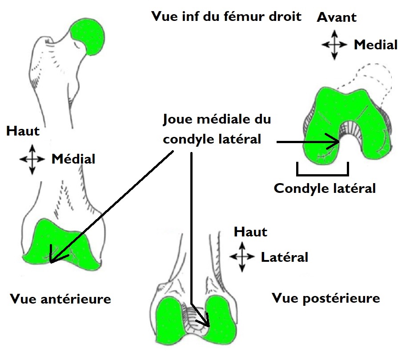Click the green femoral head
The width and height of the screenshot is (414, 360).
[90, 36]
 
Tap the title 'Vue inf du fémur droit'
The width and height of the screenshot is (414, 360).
[226, 17]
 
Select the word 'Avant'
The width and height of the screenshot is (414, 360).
[337, 17]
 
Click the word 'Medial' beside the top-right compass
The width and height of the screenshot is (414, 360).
[375, 44]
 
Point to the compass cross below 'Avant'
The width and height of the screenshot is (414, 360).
[334, 44]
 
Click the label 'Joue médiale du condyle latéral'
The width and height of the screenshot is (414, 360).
[217, 129]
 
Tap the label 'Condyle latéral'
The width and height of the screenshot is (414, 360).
[325, 188]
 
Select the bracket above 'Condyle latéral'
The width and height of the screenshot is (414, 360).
[322, 170]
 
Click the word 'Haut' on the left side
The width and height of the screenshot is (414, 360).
[23, 131]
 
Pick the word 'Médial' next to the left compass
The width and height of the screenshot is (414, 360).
[73, 158]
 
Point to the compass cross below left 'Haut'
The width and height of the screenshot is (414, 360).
[32, 158]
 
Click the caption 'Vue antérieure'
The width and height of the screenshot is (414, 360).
[60, 299]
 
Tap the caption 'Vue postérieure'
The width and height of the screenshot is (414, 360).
[326, 298]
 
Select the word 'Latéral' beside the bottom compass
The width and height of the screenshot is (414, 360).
[285, 257]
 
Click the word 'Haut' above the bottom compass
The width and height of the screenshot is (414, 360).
[251, 232]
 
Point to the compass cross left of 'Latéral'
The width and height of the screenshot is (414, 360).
[241, 257]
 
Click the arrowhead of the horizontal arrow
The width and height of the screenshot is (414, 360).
[336, 142]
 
